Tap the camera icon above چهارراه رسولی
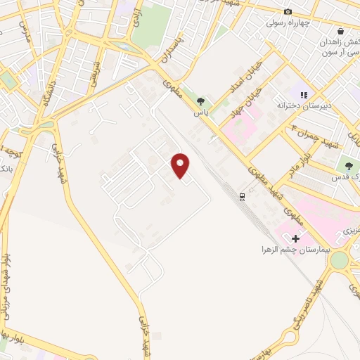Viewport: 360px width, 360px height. (288, 11)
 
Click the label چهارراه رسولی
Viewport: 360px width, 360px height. (288, 22)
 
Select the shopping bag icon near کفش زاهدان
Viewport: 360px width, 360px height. (340, 31)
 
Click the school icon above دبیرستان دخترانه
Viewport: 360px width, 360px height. (304, 94)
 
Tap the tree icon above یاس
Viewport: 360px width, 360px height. (200, 101)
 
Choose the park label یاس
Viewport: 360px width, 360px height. (200, 112)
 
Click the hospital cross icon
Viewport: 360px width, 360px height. (295, 239)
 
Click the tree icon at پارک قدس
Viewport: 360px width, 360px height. (349, 166)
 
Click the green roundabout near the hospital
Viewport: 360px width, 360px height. (339, 260)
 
